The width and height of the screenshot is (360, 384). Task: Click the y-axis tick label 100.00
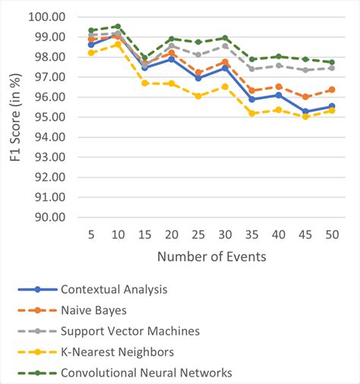coord(47,16)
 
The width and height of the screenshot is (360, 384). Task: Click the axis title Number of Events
coord(211,257)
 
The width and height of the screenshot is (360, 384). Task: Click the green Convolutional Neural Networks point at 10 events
coord(118,26)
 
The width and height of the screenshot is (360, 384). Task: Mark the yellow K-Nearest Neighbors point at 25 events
coord(198,96)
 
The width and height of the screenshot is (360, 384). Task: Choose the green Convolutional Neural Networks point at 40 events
coord(279,56)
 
